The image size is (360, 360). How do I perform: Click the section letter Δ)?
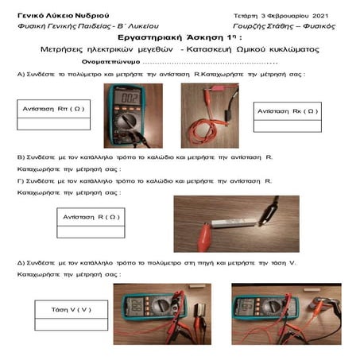point(21,262)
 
